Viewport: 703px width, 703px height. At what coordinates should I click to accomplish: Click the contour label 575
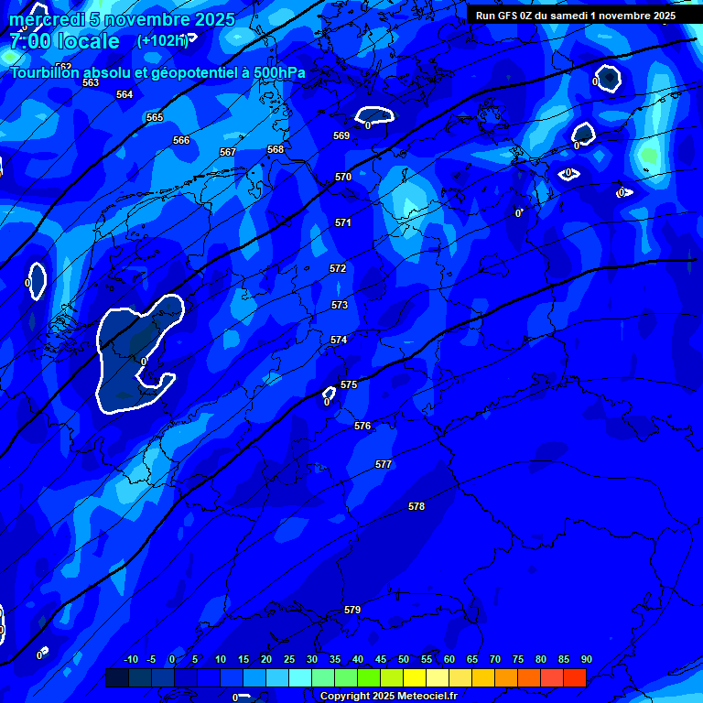pyautogui.click(x=348, y=385)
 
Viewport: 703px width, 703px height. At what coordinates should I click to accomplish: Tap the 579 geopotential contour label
pyautogui.click(x=352, y=611)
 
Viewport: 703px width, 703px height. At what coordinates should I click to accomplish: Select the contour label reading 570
pyautogui.click(x=343, y=178)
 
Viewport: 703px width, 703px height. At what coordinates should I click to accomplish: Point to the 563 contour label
pyautogui.click(x=91, y=83)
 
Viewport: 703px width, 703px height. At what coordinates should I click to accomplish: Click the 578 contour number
pyautogui.click(x=416, y=507)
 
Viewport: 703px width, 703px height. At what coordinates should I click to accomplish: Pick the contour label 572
pyautogui.click(x=338, y=269)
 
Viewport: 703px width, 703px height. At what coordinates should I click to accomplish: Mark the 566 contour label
pyautogui.click(x=181, y=141)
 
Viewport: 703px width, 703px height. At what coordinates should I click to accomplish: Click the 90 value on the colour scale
pyautogui.click(x=586, y=660)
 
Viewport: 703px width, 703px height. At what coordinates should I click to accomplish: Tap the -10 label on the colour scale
pyautogui.click(x=130, y=660)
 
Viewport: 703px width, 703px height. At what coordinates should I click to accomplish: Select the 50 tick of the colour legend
pyautogui.click(x=404, y=660)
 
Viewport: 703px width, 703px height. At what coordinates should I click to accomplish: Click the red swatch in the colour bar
pyautogui.click(x=574, y=677)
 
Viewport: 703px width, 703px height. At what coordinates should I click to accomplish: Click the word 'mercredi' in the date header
pyautogui.click(x=47, y=20)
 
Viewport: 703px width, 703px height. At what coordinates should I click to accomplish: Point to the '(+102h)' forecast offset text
pyautogui.click(x=162, y=40)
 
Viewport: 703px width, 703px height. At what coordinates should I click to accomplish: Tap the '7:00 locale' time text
pyautogui.click(x=64, y=42)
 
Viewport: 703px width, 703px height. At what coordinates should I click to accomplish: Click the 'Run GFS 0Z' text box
pyautogui.click(x=576, y=16)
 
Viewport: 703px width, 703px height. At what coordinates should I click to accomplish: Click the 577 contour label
pyautogui.click(x=384, y=465)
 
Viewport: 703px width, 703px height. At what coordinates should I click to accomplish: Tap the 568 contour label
pyautogui.click(x=276, y=150)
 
